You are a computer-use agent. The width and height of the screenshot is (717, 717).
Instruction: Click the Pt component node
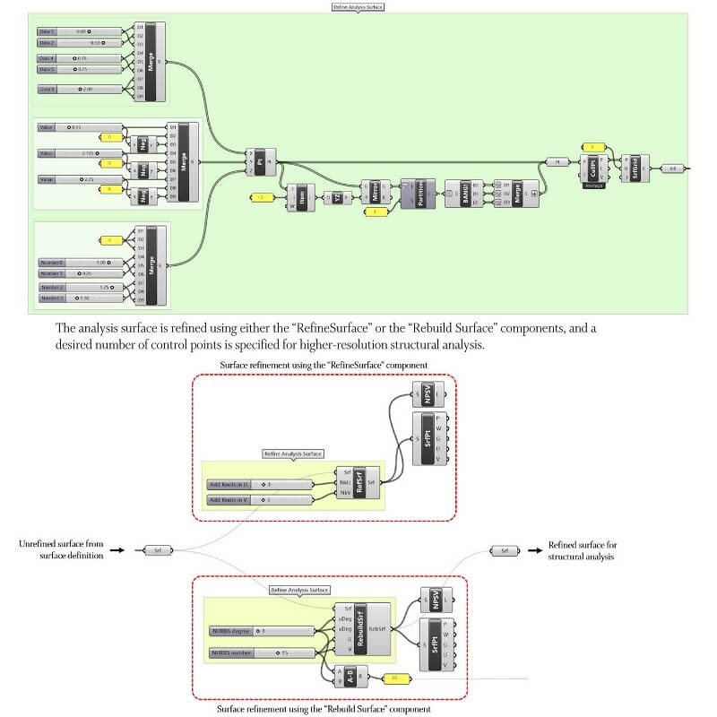click(259, 161)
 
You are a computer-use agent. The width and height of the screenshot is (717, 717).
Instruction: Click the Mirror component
click(376, 192)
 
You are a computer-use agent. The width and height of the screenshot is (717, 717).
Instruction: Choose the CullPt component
click(593, 168)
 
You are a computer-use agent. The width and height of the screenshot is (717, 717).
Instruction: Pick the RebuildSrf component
click(360, 629)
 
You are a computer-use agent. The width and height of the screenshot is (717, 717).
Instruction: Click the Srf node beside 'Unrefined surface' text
click(157, 550)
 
